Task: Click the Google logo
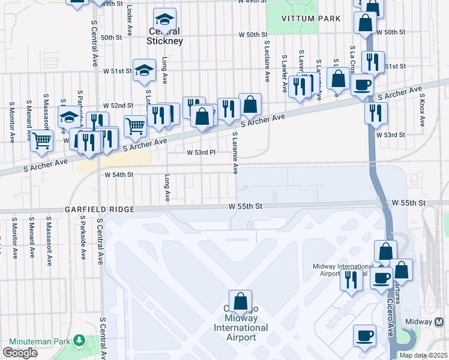click(x=20, y=353)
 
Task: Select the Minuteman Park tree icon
click(x=79, y=341)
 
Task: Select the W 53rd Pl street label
click(x=200, y=153)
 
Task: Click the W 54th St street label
click(x=118, y=175)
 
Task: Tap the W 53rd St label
click(x=391, y=135)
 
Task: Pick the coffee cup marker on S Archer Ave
click(x=362, y=86)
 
